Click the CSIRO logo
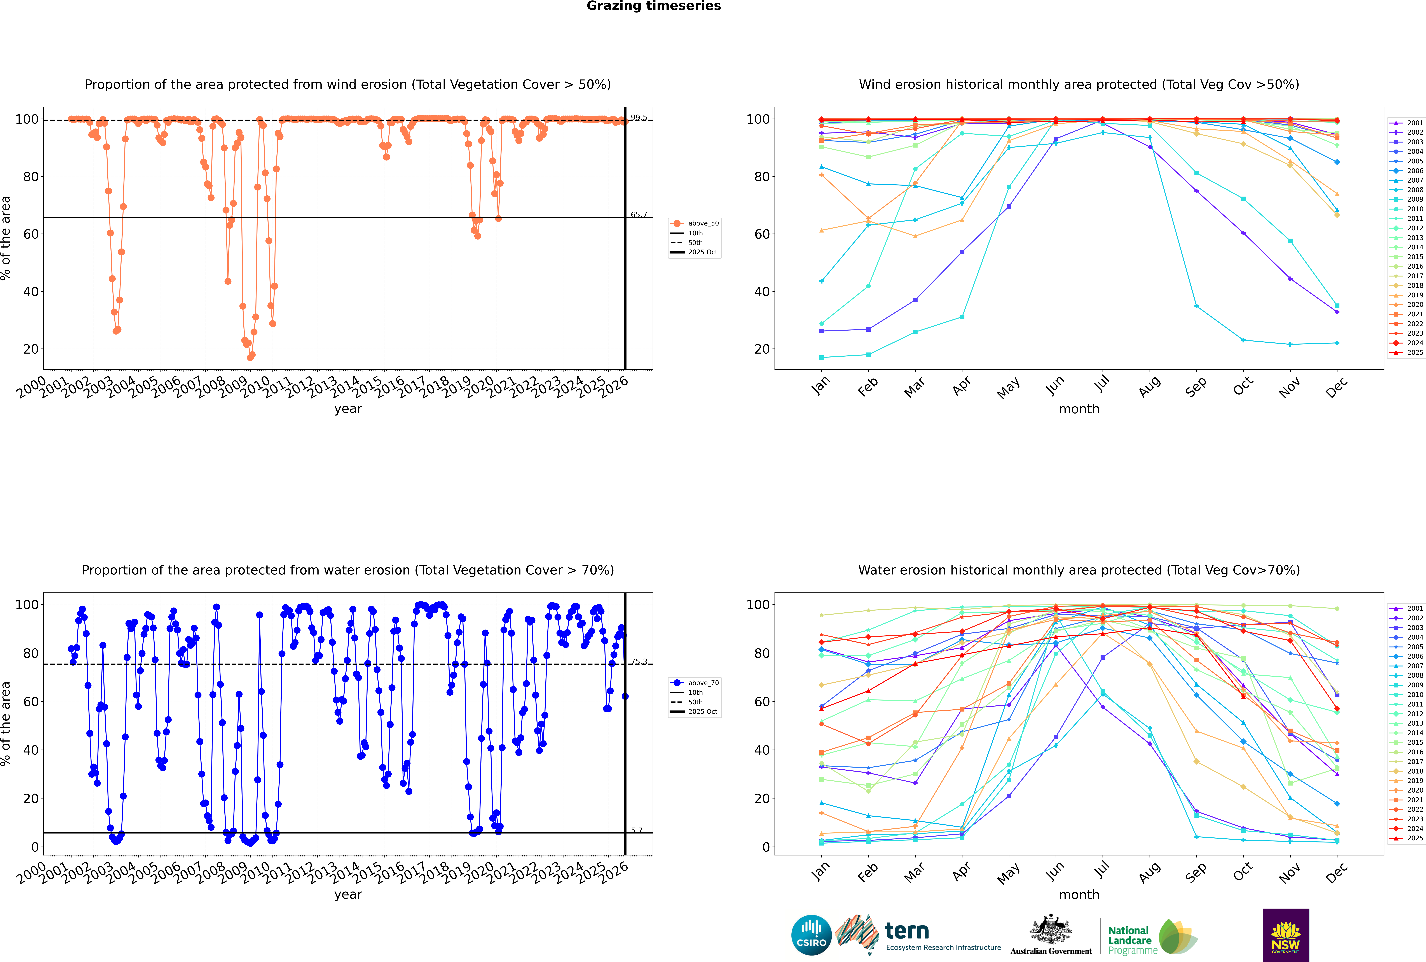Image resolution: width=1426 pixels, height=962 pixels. coord(811,935)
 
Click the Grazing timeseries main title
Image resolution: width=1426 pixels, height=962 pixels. coord(654,6)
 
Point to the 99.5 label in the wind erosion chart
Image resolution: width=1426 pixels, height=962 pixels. coord(639,118)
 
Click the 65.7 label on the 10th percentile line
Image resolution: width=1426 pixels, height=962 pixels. coord(639,215)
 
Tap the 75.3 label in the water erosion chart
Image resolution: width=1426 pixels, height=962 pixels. coord(639,661)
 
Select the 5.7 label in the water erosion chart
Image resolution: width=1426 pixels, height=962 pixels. coord(637,830)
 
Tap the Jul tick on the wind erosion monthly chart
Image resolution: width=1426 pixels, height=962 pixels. coord(1102,385)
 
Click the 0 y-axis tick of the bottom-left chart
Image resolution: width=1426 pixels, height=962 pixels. coord(35,847)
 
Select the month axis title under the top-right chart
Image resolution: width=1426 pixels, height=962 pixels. coord(1079,409)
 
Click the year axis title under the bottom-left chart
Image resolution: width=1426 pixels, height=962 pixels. coord(348,895)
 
